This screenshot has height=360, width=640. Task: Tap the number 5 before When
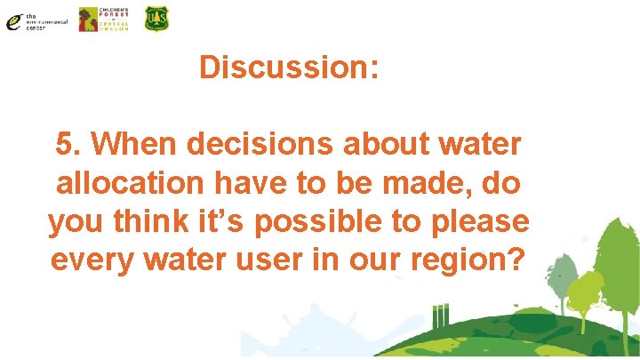[65, 145]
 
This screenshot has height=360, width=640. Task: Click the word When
[132, 145]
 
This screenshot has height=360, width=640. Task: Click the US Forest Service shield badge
[156, 19]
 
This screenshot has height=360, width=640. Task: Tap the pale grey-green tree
[558, 276]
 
